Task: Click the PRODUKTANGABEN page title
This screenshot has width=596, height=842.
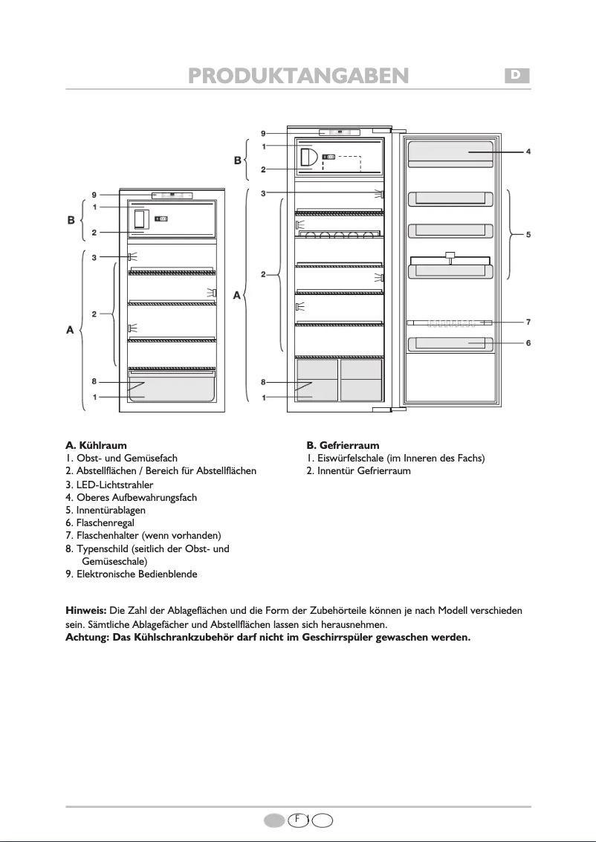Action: (x=298, y=76)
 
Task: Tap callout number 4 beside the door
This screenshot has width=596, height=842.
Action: (x=528, y=152)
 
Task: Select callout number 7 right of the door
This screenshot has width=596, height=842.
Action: (x=528, y=323)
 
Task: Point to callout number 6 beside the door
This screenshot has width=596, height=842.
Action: (x=528, y=343)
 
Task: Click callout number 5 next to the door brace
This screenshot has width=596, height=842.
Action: (x=528, y=234)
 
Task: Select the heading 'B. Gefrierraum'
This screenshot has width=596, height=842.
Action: (x=343, y=445)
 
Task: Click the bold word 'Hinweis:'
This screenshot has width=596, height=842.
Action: (x=86, y=610)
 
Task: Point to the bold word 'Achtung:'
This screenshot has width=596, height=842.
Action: (x=88, y=637)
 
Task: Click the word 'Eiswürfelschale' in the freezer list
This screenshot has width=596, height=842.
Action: (x=351, y=459)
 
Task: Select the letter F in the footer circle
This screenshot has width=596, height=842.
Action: (x=297, y=819)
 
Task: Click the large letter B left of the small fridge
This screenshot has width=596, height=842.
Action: (x=71, y=220)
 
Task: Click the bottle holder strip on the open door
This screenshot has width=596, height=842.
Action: (x=449, y=323)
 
